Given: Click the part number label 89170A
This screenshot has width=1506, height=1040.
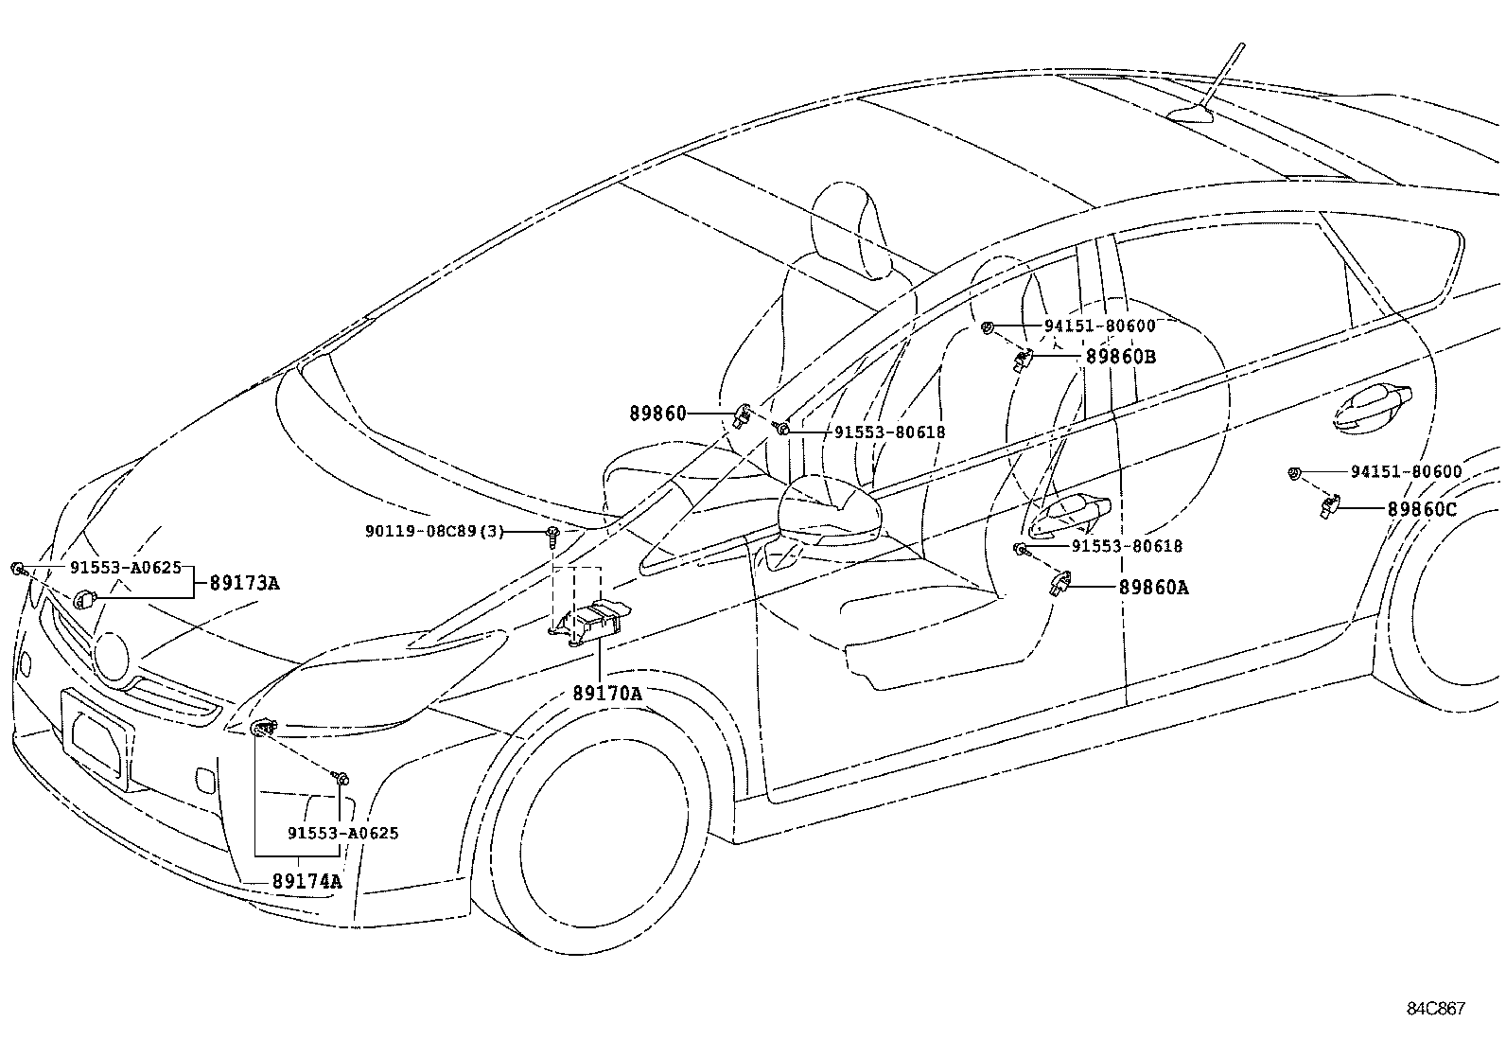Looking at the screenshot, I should click(606, 694).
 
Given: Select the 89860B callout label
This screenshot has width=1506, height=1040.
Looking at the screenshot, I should click(1121, 357).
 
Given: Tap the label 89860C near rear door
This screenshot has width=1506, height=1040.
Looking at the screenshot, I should click(1422, 508).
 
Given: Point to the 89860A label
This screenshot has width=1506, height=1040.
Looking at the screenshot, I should click(1153, 587).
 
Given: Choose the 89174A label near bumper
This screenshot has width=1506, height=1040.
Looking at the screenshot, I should click(306, 881).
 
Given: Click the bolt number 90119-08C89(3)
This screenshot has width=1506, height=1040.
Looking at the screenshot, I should click(435, 532).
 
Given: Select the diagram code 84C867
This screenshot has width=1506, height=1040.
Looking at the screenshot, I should click(1434, 1009).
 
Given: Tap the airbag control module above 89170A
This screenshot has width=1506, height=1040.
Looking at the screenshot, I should click(592, 621).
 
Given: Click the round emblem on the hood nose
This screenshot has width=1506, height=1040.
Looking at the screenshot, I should click(111, 656).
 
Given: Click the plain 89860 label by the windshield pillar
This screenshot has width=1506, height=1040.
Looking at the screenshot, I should click(657, 414).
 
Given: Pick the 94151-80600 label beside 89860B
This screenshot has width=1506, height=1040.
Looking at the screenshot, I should click(1099, 326).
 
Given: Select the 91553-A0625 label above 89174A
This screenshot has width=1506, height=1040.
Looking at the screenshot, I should click(342, 833).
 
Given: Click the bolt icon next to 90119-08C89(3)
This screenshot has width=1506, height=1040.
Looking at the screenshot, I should click(552, 537).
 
